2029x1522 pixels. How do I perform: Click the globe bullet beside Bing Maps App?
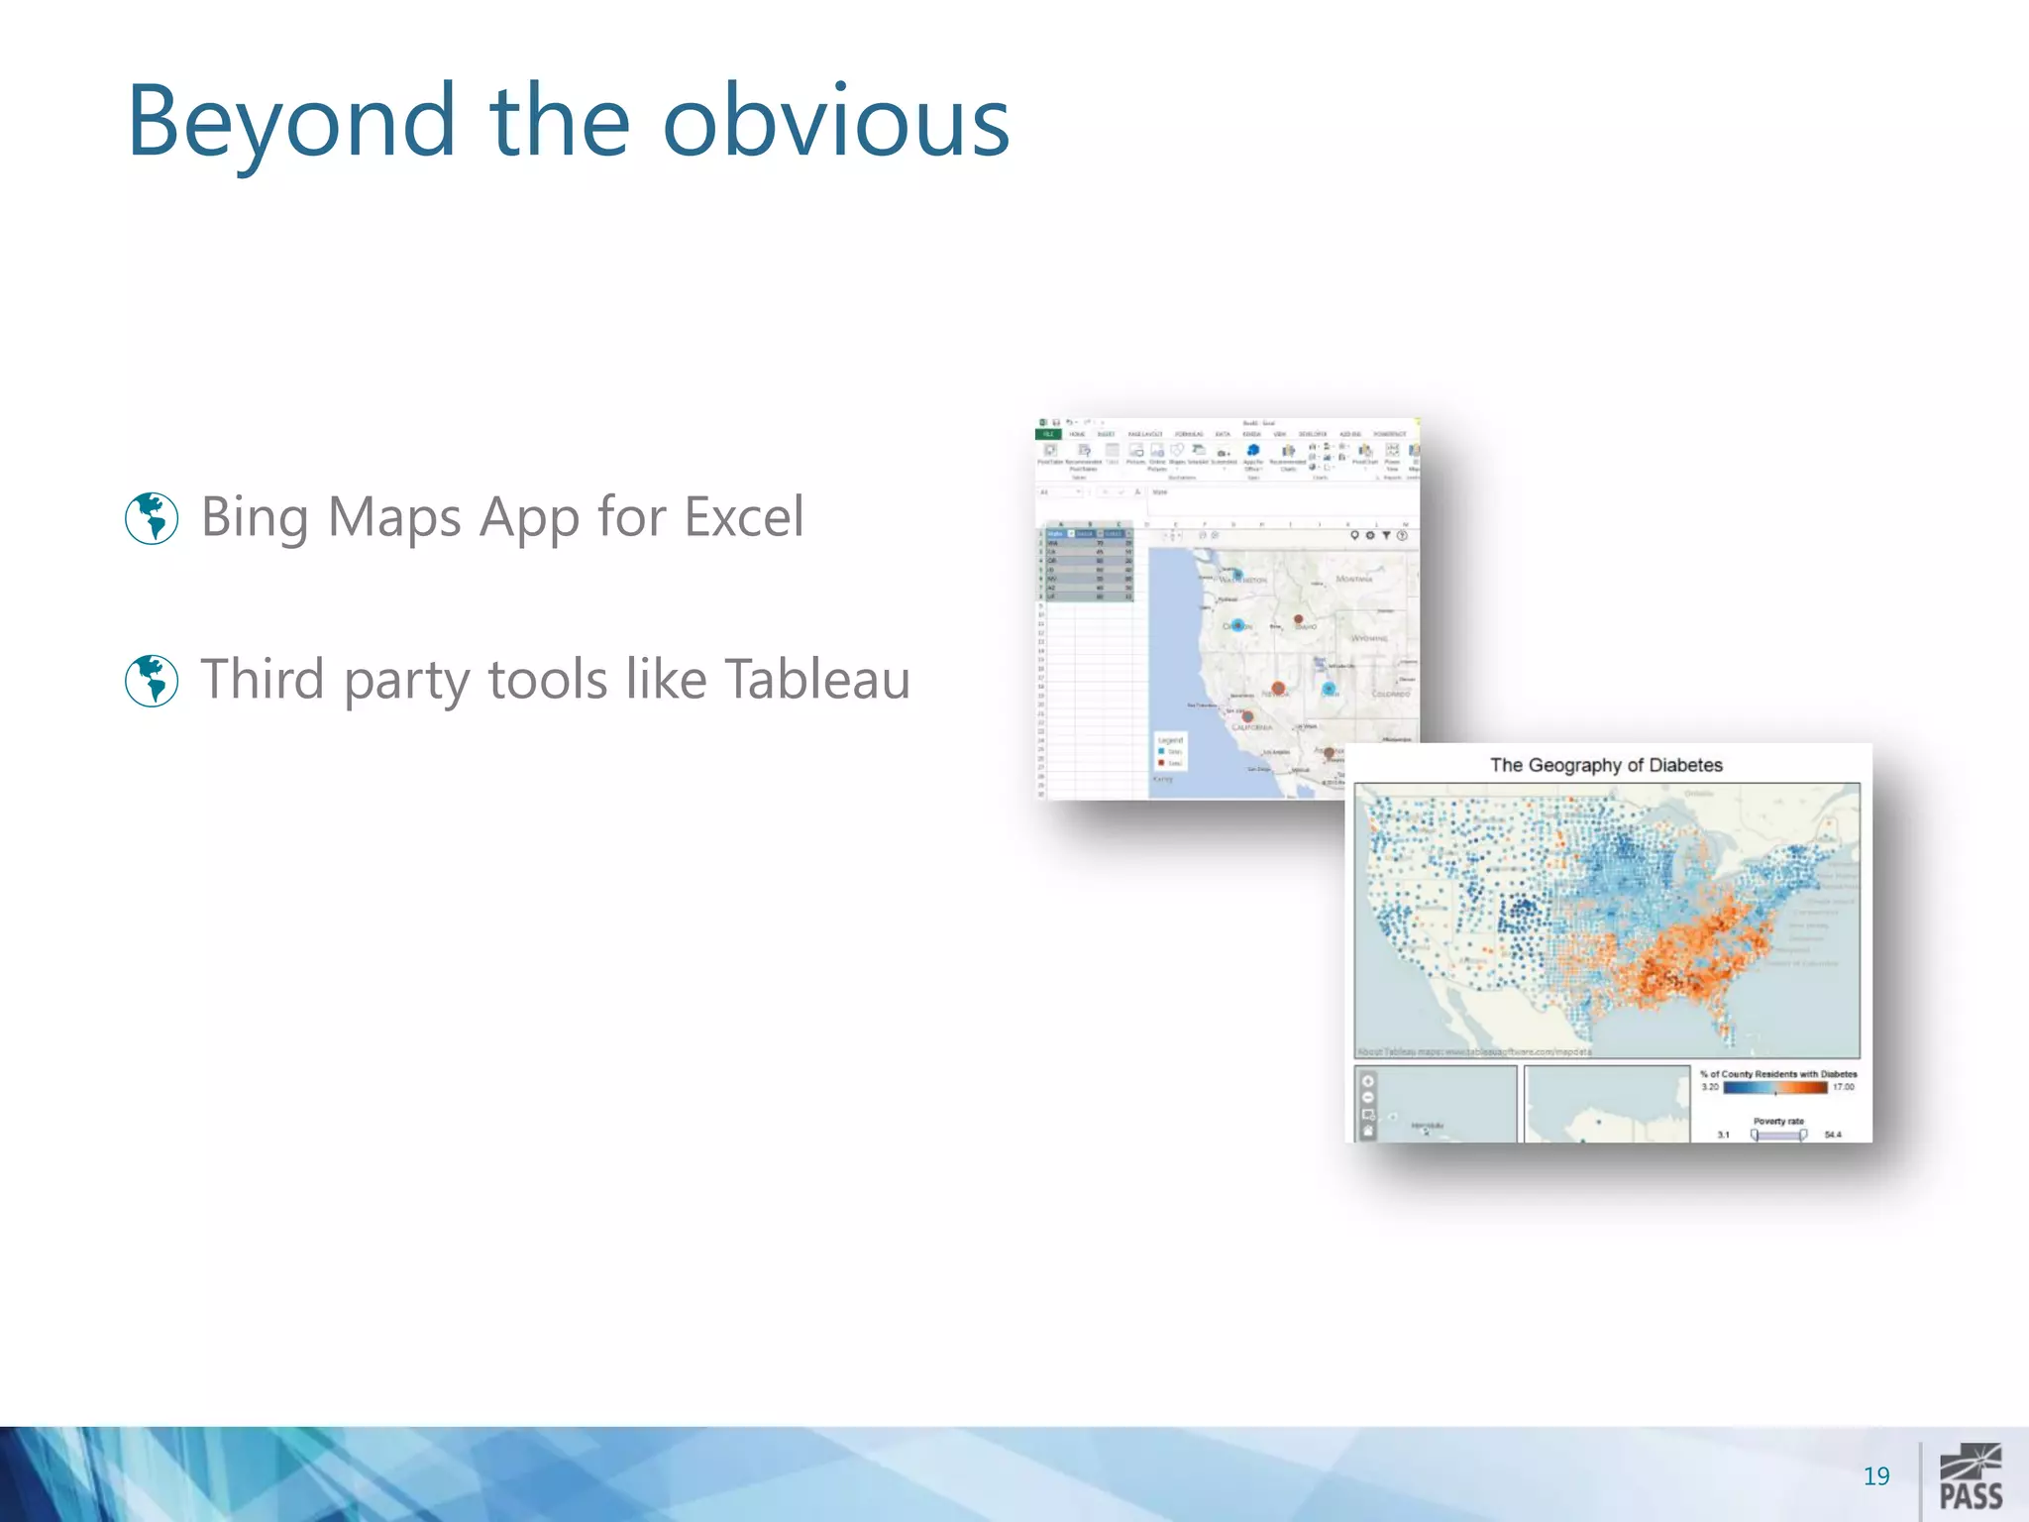pyautogui.click(x=152, y=517)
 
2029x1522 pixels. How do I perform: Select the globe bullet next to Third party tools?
pyautogui.click(x=152, y=680)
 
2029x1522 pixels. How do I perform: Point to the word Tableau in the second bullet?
pyautogui.click(x=817, y=680)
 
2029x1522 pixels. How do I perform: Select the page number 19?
pyautogui.click(x=1875, y=1476)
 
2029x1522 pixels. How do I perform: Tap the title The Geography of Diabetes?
pyautogui.click(x=1606, y=765)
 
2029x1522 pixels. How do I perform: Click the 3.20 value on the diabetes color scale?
pyautogui.click(x=1710, y=1087)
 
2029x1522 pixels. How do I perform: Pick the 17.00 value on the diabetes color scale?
pyautogui.click(x=1843, y=1087)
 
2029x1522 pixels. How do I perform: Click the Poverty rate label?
pyautogui.click(x=1778, y=1122)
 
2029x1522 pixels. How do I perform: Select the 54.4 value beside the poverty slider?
pyautogui.click(x=1833, y=1135)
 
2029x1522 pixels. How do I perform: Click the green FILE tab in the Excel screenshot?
pyautogui.click(x=1047, y=434)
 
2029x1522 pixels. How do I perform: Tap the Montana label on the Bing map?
pyautogui.click(x=1354, y=579)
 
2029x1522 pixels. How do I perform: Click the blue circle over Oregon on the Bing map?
pyautogui.click(x=1237, y=625)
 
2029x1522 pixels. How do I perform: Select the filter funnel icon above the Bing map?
pyautogui.click(x=1386, y=535)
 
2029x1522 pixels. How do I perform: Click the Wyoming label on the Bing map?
pyautogui.click(x=1369, y=638)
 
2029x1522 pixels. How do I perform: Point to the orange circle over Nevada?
pyautogui.click(x=1278, y=688)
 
